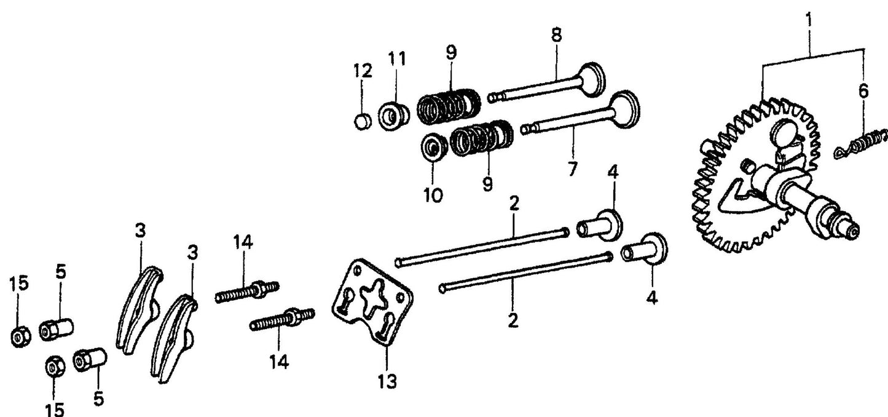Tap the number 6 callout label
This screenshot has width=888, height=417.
863,92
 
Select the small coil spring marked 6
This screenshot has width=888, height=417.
863,144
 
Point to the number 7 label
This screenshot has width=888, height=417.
572,169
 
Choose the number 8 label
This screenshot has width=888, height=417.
556,35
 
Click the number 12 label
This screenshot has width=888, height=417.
363,71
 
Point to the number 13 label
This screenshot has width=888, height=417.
387,381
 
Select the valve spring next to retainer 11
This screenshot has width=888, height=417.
449,106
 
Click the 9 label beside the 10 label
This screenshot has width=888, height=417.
487,185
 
